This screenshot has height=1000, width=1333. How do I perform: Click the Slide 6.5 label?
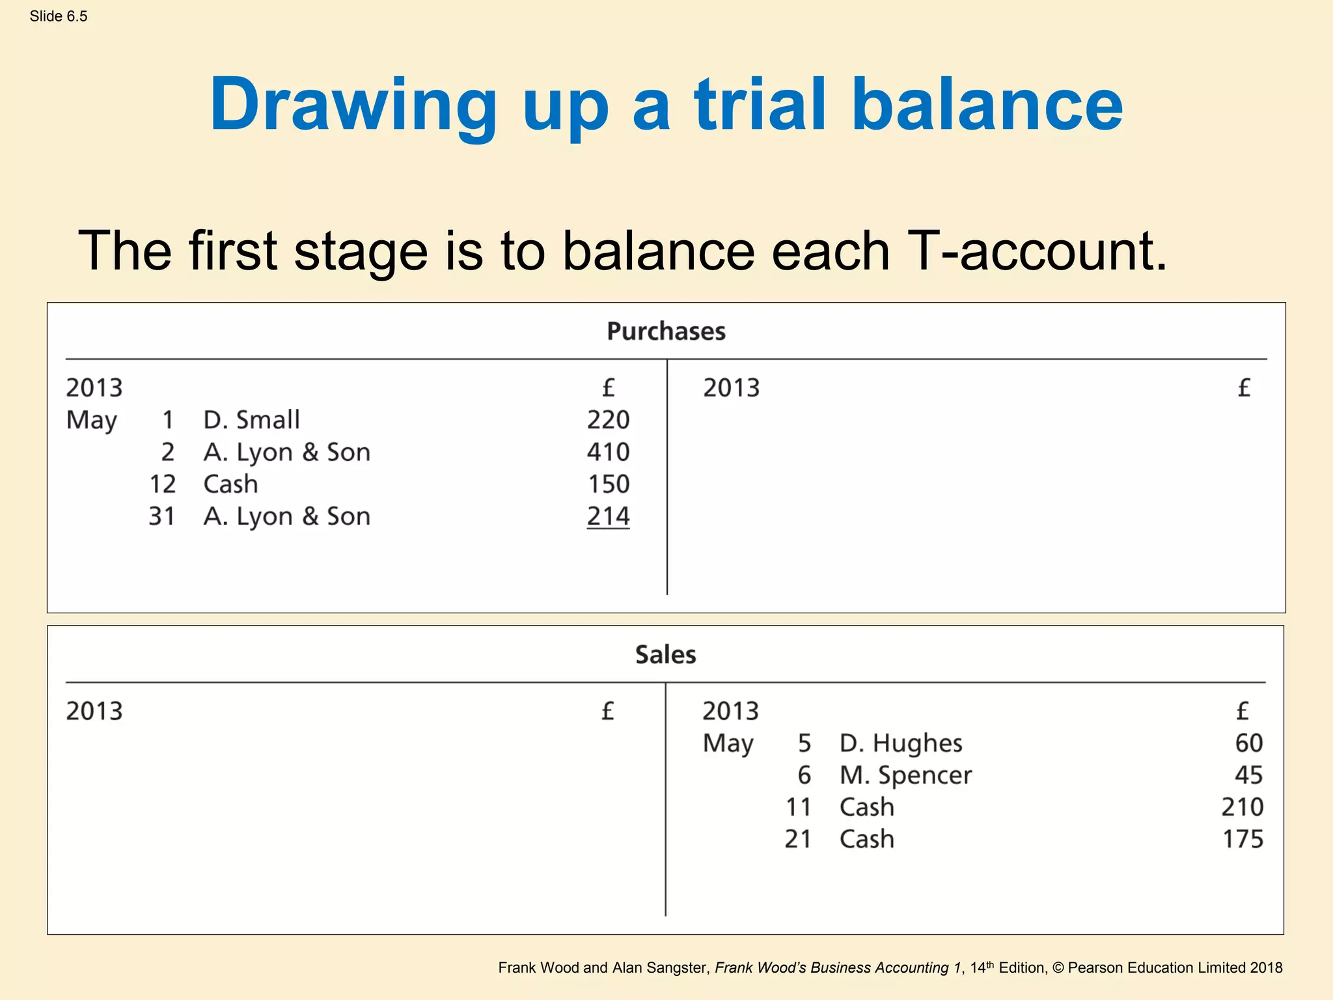tap(58, 16)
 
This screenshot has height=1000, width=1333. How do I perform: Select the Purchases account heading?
tap(666, 331)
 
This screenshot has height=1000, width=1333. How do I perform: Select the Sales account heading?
tap(665, 654)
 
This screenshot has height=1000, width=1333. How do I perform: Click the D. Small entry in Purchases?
tap(251, 420)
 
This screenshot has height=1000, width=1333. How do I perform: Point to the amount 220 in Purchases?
tap(608, 420)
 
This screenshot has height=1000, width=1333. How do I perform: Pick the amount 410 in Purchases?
tap(608, 452)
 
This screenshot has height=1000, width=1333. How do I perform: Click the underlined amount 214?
tap(608, 516)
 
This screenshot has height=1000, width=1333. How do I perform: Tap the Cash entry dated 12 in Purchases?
tap(230, 484)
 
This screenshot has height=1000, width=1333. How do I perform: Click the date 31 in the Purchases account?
tap(161, 516)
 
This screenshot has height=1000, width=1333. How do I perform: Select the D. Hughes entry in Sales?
tap(900, 743)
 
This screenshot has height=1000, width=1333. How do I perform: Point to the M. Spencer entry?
tap(905, 775)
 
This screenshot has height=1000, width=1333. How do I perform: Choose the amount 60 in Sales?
tap(1248, 743)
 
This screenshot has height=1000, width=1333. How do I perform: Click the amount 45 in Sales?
tap(1248, 775)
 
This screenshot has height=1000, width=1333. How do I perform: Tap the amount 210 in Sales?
tap(1242, 807)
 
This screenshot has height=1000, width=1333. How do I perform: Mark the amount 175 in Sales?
tap(1242, 839)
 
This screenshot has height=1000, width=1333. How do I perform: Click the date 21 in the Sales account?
tap(798, 839)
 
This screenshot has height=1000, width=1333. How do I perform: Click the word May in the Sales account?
tap(728, 743)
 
